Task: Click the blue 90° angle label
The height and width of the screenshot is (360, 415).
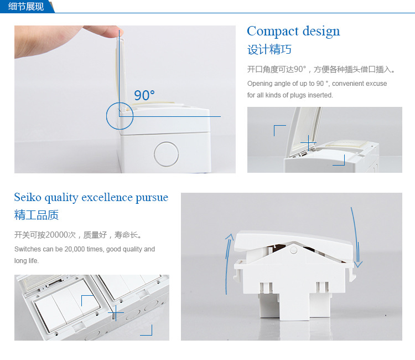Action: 144,95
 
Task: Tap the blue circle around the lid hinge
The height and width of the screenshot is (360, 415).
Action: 106,116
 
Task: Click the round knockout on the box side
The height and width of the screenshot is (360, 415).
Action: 166,154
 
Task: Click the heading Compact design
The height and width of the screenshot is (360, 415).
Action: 293,32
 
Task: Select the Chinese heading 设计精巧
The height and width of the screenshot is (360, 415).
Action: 269,49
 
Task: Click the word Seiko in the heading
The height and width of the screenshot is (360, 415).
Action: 28,197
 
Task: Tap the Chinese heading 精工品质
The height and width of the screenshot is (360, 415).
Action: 37,215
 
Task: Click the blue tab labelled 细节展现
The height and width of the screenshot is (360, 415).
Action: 26,6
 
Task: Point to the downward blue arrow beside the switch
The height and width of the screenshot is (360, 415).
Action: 356,238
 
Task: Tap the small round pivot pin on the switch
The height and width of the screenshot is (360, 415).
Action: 293,250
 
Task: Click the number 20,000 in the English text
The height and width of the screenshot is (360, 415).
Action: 75,249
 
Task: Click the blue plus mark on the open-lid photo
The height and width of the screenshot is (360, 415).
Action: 308,143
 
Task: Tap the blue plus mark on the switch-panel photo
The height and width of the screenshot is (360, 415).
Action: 116,313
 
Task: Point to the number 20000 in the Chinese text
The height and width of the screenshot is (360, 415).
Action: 57,235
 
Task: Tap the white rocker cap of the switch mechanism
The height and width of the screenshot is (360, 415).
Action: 294,240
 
